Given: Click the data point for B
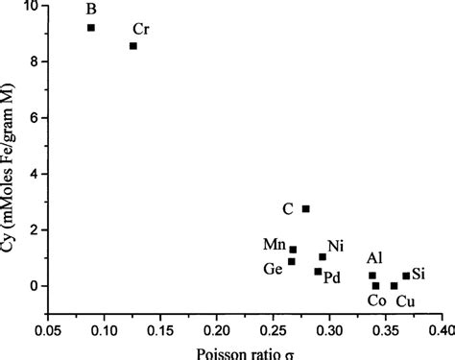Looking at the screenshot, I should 91,28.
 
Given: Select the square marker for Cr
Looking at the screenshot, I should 133,46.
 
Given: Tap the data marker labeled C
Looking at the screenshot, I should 305,208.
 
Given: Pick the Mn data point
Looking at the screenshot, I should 293,250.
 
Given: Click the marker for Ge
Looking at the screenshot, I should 291,261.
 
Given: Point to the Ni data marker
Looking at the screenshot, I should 323,256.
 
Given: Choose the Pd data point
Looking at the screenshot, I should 318,272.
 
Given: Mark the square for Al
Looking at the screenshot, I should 372,276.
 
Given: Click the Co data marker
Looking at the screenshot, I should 375,286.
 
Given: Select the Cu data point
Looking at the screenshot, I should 394,286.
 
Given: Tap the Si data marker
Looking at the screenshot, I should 406,276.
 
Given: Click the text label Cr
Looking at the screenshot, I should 141,29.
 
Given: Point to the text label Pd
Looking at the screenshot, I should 332,277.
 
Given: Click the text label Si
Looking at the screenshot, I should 419,275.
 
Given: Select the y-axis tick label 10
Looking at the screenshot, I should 31,7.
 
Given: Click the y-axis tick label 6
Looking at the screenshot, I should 35,118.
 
